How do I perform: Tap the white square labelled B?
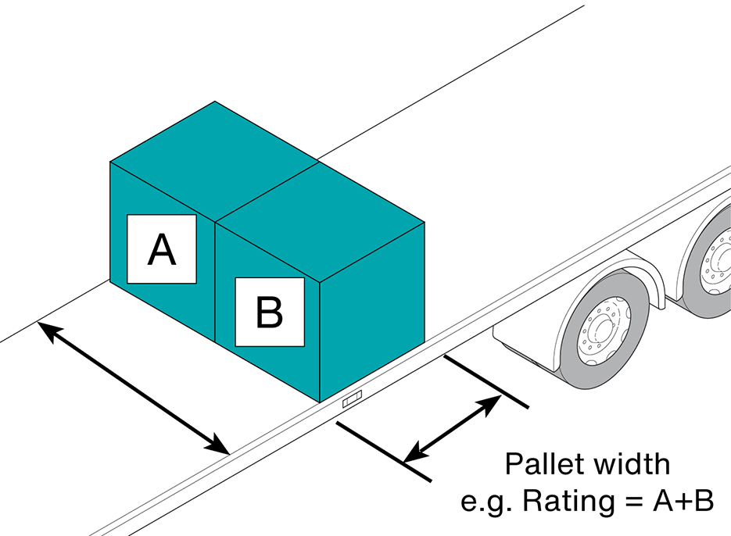[270, 312]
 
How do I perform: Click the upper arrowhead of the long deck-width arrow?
[48, 328]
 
